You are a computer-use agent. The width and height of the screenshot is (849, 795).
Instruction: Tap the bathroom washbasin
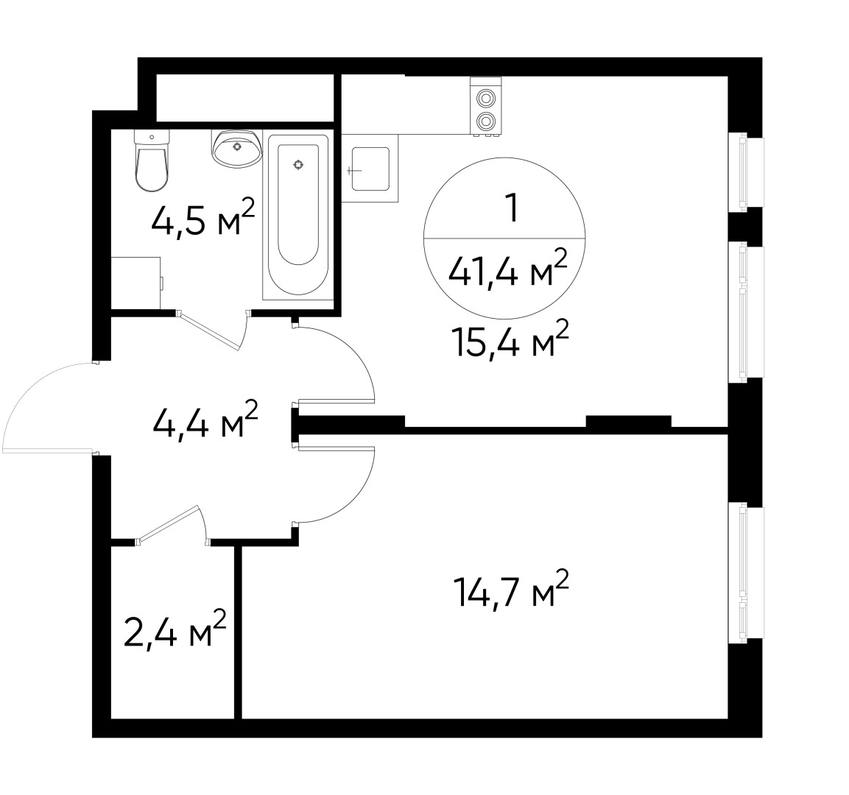(236, 149)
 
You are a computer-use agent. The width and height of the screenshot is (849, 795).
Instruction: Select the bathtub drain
(298, 165)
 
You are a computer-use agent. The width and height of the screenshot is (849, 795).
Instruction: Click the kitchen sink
(370, 169)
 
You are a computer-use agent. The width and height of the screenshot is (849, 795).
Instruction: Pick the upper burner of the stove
(485, 98)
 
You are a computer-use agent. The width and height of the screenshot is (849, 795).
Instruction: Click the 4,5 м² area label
(202, 219)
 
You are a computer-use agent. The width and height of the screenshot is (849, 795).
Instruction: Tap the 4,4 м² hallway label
(205, 422)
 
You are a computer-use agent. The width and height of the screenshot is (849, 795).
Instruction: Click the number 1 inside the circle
(507, 209)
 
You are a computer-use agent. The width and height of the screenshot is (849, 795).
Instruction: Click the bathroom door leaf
(211, 331)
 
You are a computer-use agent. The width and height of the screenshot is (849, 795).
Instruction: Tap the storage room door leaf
(169, 525)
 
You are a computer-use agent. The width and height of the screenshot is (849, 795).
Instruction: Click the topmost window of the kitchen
(745, 172)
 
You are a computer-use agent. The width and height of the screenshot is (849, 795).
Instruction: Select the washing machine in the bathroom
(135, 283)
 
